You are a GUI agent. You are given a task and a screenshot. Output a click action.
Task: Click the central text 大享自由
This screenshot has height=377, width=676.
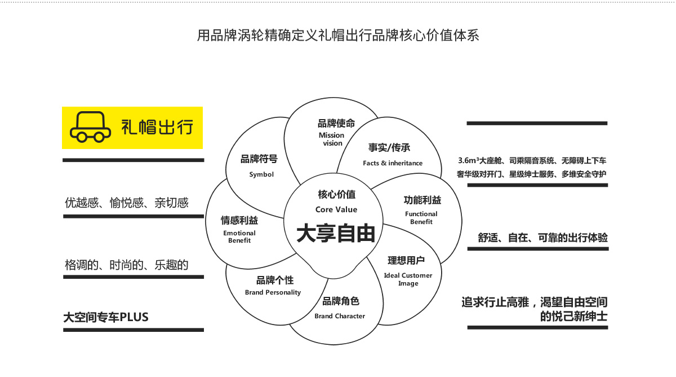tap(336, 233)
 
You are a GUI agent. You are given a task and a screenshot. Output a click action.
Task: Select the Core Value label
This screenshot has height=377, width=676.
tap(336, 209)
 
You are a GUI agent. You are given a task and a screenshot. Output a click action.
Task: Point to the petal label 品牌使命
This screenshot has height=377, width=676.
tap(336, 124)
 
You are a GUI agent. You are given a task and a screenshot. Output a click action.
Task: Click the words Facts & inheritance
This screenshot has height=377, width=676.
tap(393, 163)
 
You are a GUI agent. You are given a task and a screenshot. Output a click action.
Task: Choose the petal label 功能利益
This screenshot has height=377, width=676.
tap(422, 200)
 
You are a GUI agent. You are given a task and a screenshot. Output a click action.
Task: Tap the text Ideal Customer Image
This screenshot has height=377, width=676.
tap(408, 279)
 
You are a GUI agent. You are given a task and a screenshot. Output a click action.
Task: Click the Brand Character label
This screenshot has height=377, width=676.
tap(340, 316)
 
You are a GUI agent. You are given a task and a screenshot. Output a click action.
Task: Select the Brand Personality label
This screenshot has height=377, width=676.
tap(273, 292)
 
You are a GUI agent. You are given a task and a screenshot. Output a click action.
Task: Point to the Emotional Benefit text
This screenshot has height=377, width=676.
tap(239, 236)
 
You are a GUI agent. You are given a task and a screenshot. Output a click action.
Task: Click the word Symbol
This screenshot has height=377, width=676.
tap(261, 174)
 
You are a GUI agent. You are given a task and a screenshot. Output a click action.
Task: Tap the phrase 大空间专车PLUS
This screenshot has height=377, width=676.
tap(106, 317)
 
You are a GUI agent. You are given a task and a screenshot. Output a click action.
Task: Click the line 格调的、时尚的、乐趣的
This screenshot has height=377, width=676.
tap(126, 265)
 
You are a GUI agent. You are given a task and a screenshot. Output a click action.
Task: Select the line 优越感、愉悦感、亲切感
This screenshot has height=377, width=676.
tap(126, 203)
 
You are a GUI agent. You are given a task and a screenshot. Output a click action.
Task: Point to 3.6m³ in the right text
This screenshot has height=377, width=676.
tap(468, 161)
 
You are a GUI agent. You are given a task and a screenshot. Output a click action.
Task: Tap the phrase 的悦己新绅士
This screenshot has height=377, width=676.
tap(573, 316)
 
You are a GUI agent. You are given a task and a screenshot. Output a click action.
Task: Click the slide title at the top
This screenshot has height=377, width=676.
tap(338, 36)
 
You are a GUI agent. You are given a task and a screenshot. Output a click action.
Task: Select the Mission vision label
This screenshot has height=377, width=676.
tap(331, 139)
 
